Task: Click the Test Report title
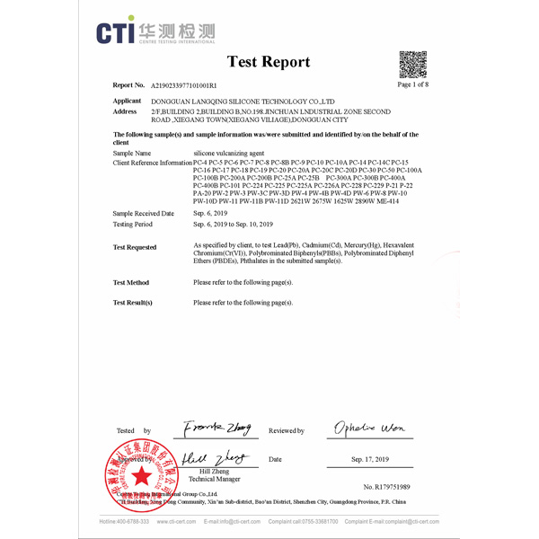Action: click(269, 62)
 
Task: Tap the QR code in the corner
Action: click(412, 64)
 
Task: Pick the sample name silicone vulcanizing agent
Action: click(229, 154)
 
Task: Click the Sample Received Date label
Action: click(144, 214)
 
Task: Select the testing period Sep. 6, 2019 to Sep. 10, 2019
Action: click(233, 224)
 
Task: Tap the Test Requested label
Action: click(135, 247)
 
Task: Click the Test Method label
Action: click(131, 282)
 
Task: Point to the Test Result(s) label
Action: click(133, 303)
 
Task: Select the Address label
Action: click(126, 110)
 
